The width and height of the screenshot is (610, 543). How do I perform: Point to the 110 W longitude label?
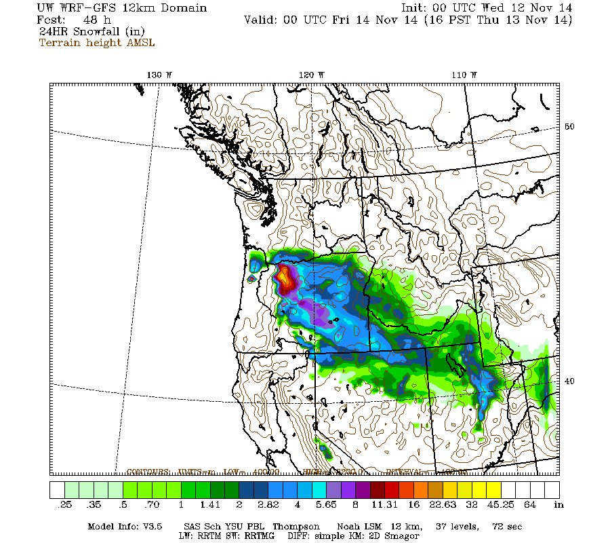point(464,75)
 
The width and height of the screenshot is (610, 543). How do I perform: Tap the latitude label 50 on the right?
point(570,127)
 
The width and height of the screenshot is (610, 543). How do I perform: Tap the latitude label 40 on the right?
point(570,381)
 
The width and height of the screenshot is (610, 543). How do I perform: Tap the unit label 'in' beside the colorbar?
point(559,505)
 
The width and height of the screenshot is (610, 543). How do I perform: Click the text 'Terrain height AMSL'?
point(96,43)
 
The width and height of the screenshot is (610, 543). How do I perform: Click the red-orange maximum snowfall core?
point(286,278)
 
